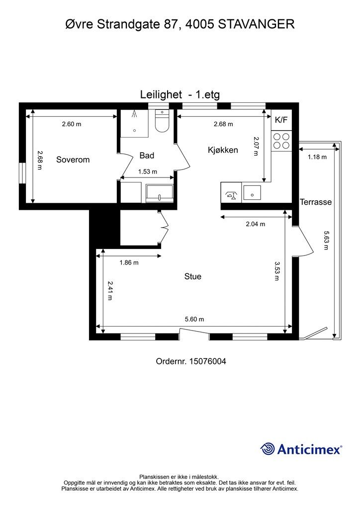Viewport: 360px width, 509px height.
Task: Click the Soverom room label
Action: pos(73,160)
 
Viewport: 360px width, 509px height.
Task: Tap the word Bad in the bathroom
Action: pos(147,156)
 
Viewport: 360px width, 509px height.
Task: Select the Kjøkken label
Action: pos(223,150)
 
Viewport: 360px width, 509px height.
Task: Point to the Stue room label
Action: pos(193,276)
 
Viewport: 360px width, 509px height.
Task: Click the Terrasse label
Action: pos(316,202)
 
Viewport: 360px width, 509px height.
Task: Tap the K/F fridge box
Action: pos(281,120)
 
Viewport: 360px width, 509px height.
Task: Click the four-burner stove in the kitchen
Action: pos(281,141)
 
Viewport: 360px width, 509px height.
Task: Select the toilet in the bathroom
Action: pos(162,120)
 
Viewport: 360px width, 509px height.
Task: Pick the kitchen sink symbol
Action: pos(252,192)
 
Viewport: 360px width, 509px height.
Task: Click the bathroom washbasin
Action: pos(160,193)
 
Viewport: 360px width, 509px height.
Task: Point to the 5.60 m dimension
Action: pos(194,319)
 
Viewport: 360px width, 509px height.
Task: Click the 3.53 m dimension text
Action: pos(277,271)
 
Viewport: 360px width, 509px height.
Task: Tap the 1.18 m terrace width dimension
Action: pos(317,157)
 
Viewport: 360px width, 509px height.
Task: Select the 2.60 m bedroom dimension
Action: pos(72,124)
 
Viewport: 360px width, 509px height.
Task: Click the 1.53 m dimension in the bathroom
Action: pos(148,171)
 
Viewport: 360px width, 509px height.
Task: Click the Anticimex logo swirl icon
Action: pos(268,449)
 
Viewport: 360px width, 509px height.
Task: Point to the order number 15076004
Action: pos(207,361)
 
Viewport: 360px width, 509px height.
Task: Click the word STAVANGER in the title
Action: pos(257,24)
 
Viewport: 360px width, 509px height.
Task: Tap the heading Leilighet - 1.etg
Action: pos(180,94)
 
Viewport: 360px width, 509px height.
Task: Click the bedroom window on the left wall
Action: pos(22,173)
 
